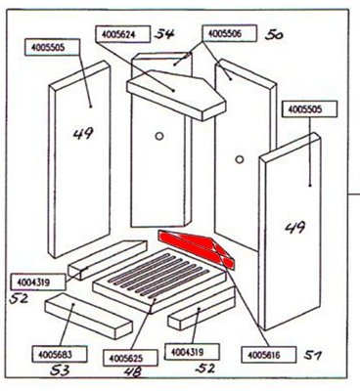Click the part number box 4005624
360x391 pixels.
(123, 34)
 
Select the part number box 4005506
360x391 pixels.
(229, 33)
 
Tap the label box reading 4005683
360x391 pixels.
(60, 354)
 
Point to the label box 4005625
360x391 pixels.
(130, 358)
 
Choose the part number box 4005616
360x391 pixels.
(269, 355)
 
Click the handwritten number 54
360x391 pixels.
(165, 34)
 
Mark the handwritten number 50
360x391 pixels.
(274, 34)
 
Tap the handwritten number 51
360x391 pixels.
(313, 355)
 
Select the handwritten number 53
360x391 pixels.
(60, 370)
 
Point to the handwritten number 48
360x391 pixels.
(133, 372)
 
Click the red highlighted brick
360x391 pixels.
(196, 248)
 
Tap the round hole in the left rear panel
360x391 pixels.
(159, 136)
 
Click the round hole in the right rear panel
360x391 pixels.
(240, 159)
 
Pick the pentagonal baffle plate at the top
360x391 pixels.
(176, 95)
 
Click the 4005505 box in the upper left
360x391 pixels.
(52, 47)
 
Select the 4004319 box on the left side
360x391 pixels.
(38, 282)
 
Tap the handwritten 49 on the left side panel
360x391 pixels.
(83, 134)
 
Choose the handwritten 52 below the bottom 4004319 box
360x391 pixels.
(205, 369)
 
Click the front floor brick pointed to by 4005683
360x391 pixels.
(89, 315)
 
